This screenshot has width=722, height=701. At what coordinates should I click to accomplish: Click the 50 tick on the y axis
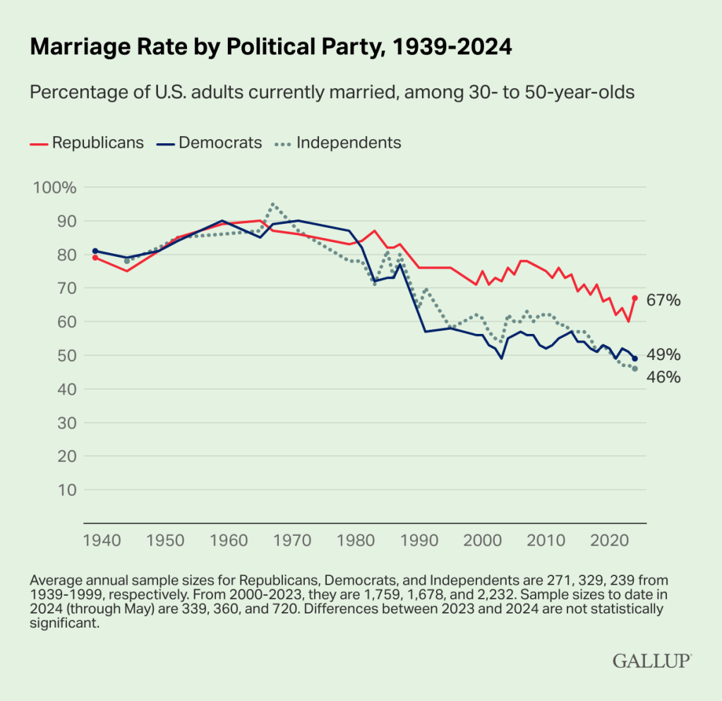(65, 355)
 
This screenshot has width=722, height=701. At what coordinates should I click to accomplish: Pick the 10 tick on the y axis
(65, 489)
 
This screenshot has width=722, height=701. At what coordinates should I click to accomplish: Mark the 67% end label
(663, 301)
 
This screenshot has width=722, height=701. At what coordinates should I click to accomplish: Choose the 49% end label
(663, 355)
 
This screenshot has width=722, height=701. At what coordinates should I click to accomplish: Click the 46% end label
(663, 378)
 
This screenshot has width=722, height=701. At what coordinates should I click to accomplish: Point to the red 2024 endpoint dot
(634, 298)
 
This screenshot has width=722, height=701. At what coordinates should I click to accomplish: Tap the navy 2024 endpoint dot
(634, 359)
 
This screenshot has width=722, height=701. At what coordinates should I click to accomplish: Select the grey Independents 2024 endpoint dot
(634, 369)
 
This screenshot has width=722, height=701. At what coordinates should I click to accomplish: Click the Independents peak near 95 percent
(273, 205)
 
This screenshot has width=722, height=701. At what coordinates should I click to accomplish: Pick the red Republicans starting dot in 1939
(95, 258)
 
